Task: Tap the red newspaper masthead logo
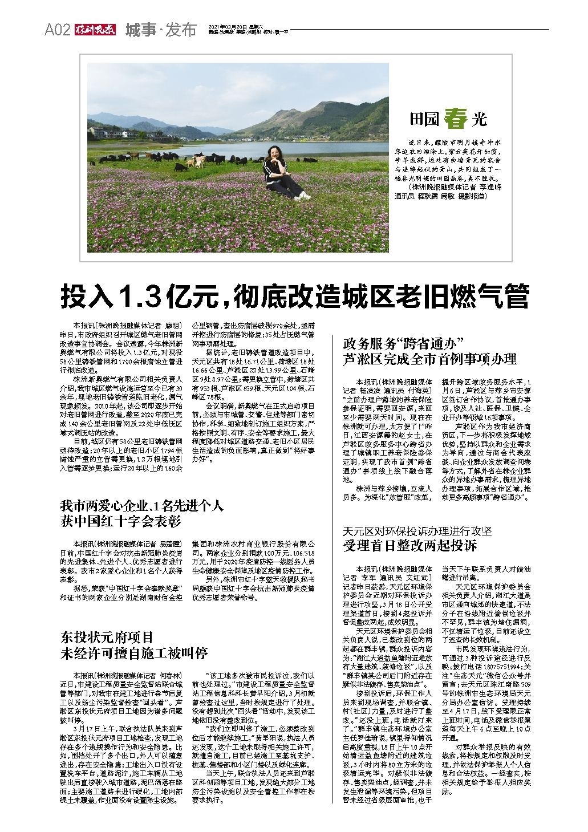(x=95, y=30)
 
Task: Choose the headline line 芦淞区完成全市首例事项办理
(x=429, y=359)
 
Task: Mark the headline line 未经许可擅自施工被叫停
(x=134, y=653)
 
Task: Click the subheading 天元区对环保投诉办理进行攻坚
(x=417, y=530)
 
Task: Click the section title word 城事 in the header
(x=140, y=30)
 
